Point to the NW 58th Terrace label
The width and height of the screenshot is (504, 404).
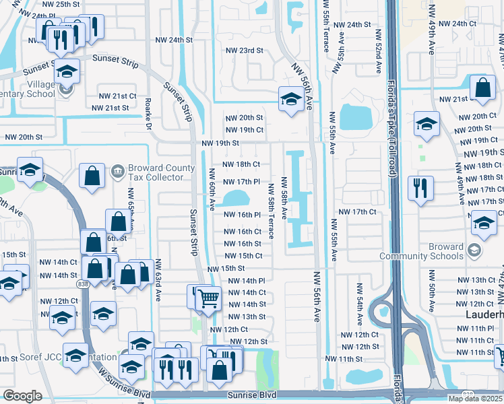pyautogui.click(x=272, y=211)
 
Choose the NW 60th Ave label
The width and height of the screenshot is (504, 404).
pyautogui.click(x=212, y=187)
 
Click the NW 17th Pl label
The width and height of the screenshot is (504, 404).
pyautogui.click(x=241, y=182)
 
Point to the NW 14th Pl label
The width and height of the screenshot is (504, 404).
pyautogui.click(x=247, y=281)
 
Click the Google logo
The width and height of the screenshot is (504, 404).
pyautogui.click(x=22, y=396)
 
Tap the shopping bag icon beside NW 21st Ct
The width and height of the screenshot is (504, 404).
pyautogui.click(x=483, y=88)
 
